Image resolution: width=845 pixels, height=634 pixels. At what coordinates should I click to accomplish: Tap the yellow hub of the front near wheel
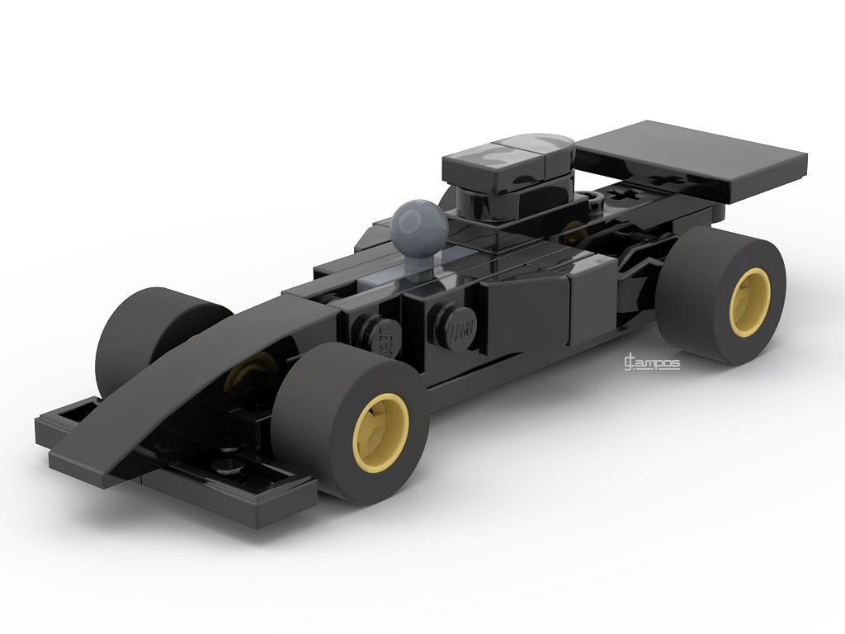[x=380, y=428]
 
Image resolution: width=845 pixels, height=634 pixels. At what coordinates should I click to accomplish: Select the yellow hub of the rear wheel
[x=749, y=302]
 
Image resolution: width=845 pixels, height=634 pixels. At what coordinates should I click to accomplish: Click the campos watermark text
[x=652, y=362]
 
